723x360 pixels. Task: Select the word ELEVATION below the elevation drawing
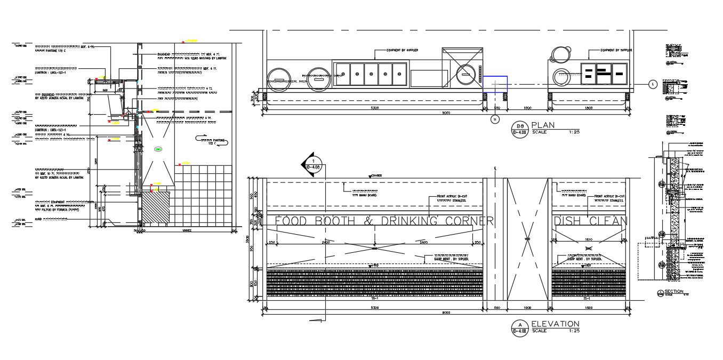click(555, 324)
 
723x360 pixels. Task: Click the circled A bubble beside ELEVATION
click(519, 327)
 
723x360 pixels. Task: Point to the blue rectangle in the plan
click(495, 84)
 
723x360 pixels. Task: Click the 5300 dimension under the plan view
click(374, 108)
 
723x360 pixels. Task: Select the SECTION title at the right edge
click(674, 291)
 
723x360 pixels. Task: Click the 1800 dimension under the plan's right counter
click(588, 108)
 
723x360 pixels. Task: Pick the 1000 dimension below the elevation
click(528, 308)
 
